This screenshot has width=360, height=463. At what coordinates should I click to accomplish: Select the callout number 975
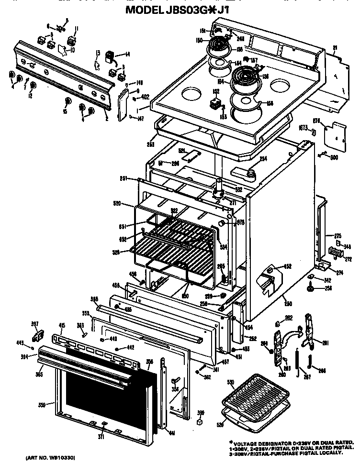tap(241, 221)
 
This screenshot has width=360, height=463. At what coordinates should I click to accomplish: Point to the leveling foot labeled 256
tap(311, 288)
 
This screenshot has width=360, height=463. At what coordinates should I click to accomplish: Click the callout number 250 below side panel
tap(288, 304)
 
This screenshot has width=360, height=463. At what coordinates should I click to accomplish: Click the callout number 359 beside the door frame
tap(43, 405)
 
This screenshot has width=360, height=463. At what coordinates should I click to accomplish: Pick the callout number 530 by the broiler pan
tap(230, 381)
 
